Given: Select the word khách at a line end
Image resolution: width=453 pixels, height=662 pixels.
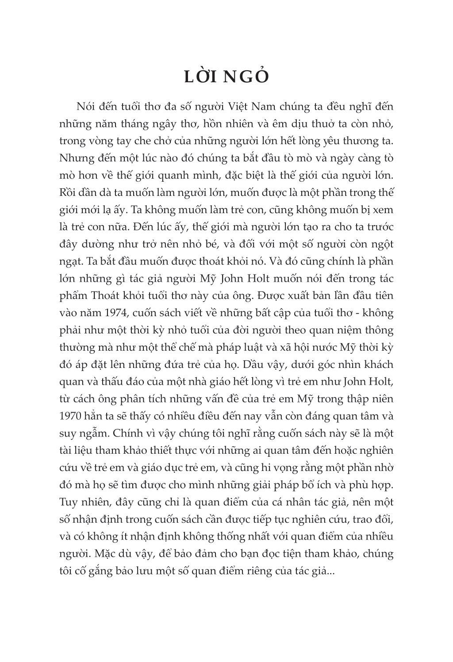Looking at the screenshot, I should click(378, 364).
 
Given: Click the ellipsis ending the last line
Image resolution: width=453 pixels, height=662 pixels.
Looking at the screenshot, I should click(331, 571).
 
